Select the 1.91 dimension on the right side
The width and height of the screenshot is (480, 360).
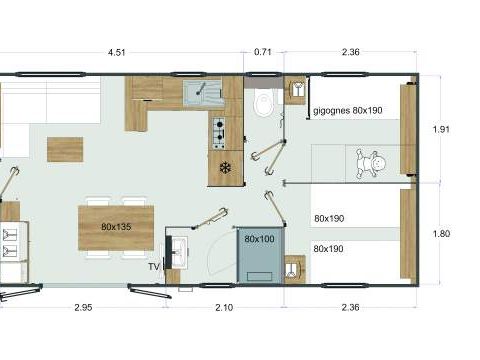click(x=442, y=128)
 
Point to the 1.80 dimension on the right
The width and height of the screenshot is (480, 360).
click(x=442, y=234)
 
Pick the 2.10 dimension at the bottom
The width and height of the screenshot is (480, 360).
click(x=225, y=309)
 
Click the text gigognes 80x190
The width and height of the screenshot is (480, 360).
click(x=347, y=112)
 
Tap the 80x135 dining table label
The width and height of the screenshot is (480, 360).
click(x=115, y=227)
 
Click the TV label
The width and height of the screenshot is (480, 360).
click(x=154, y=267)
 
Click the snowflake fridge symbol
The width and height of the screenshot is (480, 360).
click(x=225, y=167)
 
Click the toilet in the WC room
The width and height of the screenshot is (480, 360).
click(x=263, y=102)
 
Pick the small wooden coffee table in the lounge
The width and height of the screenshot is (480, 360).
click(x=64, y=149)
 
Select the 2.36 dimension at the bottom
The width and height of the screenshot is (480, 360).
click(x=351, y=309)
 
